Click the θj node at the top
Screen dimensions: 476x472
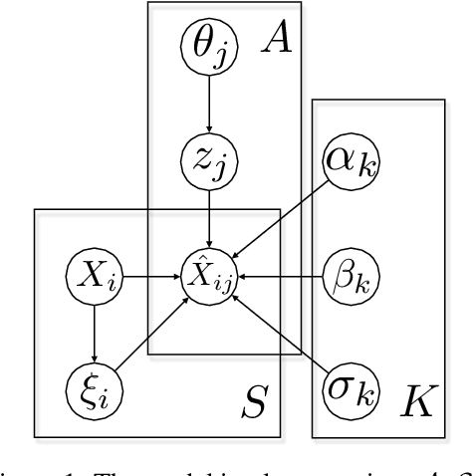[x=206, y=46]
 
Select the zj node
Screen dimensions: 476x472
[x=206, y=158]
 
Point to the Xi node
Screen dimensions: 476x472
[x=93, y=271]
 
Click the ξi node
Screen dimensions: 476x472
[x=93, y=383]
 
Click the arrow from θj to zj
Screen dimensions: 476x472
[x=206, y=102]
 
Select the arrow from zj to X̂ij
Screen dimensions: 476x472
[x=206, y=214]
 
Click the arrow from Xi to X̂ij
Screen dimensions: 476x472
[x=149, y=271]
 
